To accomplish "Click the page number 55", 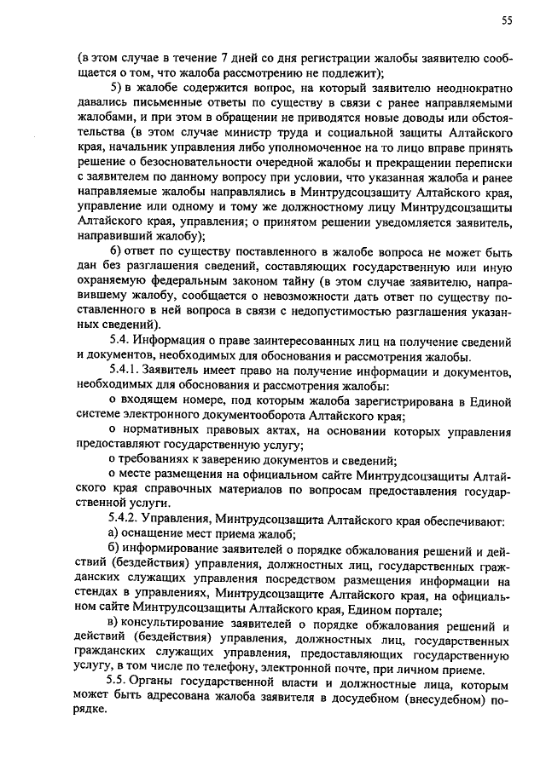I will tap(505, 19).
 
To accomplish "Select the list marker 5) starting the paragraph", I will tap(120, 89).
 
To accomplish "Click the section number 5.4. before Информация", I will tap(123, 342).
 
